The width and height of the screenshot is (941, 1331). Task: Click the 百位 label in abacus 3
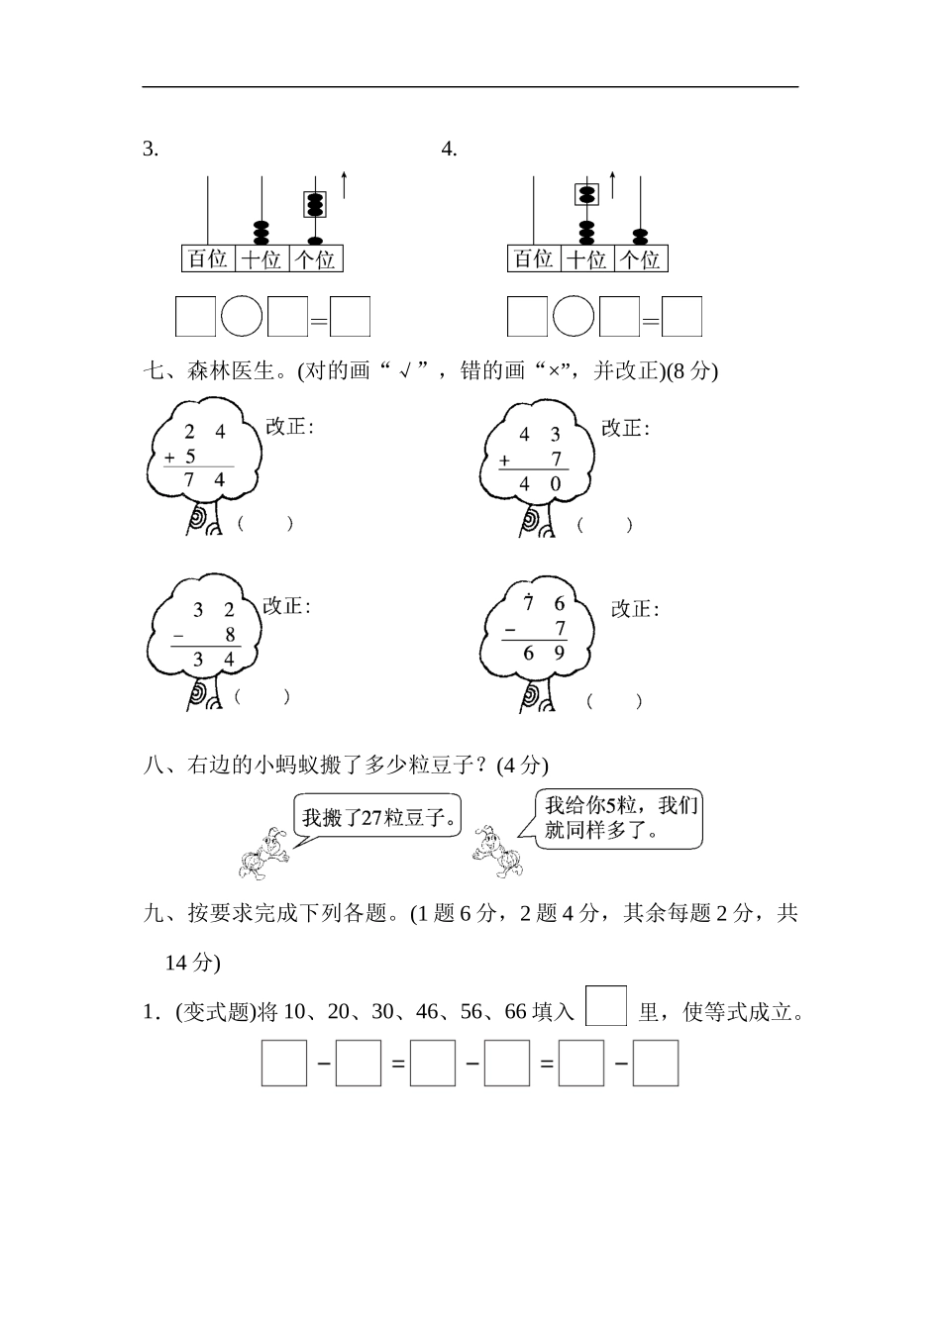click(208, 259)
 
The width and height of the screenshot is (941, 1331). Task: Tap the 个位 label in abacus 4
click(641, 259)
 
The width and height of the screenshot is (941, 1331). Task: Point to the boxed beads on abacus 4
click(586, 194)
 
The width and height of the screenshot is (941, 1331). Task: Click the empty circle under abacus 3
click(242, 317)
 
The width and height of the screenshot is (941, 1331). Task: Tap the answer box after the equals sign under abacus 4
click(681, 317)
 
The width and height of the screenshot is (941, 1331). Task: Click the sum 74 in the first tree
click(206, 480)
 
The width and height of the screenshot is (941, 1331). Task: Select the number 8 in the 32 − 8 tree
click(230, 635)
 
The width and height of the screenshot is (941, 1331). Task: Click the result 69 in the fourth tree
click(544, 653)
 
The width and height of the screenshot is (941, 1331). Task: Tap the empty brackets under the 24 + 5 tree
click(264, 524)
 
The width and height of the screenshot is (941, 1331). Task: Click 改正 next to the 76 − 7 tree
click(635, 609)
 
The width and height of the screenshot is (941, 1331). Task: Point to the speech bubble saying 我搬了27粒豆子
click(379, 818)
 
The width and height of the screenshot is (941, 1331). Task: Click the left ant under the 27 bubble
click(262, 854)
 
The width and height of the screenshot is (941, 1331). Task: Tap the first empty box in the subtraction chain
click(284, 1063)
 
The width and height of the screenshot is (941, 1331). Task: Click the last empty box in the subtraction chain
click(656, 1063)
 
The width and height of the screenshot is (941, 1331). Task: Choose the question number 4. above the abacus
click(449, 150)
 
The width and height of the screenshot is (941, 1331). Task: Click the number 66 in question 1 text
click(515, 1012)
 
